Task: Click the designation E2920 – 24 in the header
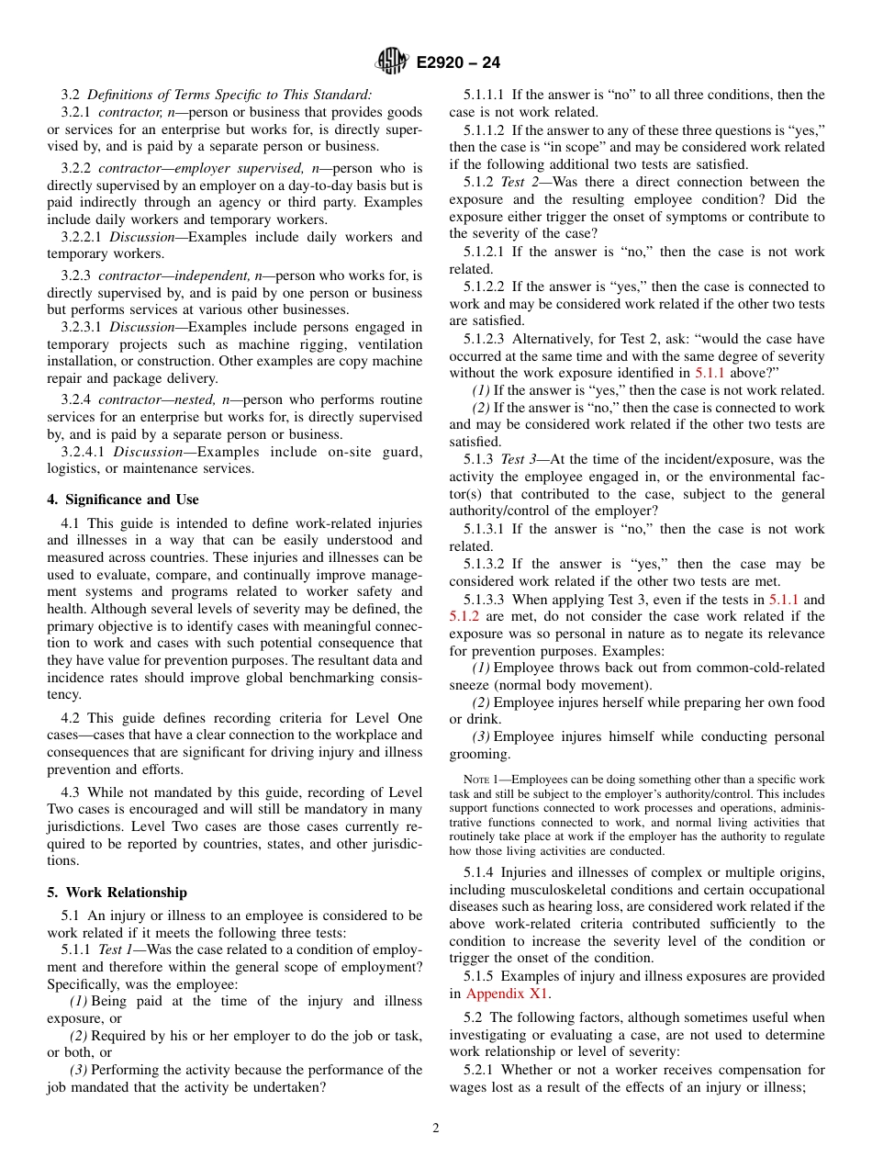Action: coord(458,63)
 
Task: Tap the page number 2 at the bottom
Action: coord(436,1129)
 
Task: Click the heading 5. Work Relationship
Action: coord(117,893)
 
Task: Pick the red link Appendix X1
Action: coord(509,994)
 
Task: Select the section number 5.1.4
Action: coord(477,872)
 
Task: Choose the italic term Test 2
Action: coord(519,183)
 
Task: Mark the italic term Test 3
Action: coord(519,459)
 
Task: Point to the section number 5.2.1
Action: coord(477,1070)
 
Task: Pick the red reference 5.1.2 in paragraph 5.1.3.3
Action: coord(464,616)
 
